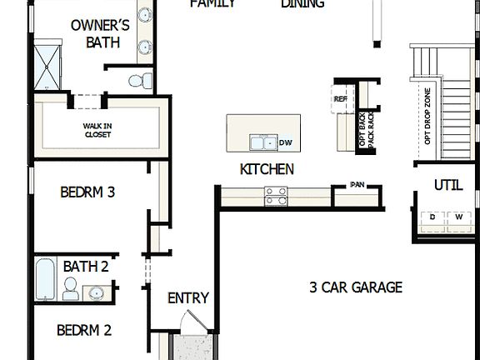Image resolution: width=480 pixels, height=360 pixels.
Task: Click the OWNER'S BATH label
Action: point(99,32)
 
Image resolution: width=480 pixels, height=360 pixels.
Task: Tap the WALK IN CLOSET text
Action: point(97,130)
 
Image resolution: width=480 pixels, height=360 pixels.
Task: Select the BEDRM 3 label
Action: point(87,192)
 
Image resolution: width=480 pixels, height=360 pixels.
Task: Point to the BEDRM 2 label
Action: point(84,331)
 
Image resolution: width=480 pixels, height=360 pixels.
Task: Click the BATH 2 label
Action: point(86,267)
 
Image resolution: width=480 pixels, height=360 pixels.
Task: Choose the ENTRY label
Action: point(187,298)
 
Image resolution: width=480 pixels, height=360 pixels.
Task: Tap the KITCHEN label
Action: point(267,169)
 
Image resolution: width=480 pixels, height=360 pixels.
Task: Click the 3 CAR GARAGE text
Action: point(356,288)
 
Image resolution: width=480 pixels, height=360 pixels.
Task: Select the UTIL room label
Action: point(447,185)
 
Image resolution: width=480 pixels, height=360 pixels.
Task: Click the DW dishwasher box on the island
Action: point(286,143)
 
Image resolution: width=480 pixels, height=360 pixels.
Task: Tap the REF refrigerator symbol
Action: point(340,99)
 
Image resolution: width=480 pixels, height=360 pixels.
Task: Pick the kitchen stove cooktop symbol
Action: point(276,196)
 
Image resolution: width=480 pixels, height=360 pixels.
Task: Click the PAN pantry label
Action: point(357,185)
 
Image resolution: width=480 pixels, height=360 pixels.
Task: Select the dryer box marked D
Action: point(432,217)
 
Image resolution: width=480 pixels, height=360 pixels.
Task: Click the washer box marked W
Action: point(457,217)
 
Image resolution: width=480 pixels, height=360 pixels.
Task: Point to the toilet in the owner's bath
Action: point(142,80)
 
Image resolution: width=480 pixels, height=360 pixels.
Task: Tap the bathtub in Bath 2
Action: point(47,279)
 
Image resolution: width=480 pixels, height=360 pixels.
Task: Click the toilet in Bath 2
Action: point(72,289)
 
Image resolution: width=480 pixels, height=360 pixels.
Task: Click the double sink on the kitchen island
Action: point(263,143)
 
